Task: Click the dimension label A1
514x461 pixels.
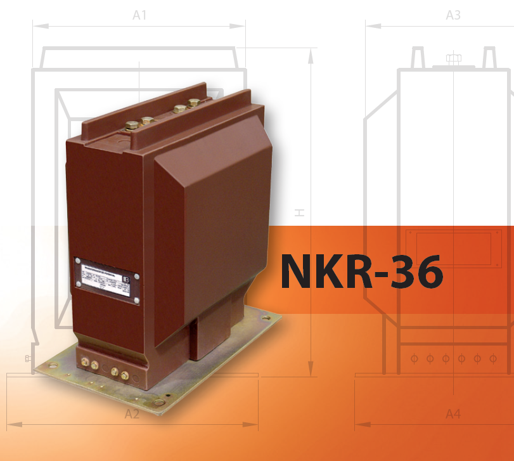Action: pos(139,16)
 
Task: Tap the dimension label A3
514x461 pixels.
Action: pos(453,16)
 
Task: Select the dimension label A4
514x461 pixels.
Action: pos(453,414)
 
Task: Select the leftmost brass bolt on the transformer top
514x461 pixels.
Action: pos(132,126)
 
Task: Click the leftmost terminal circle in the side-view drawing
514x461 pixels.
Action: pos(414,359)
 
